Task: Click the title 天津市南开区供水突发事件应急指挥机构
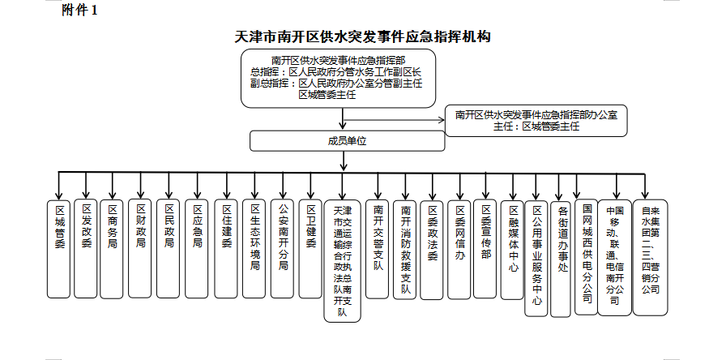pos(362,37)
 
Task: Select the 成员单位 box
pos(347,141)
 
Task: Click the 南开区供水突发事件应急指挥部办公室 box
pos(536,120)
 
